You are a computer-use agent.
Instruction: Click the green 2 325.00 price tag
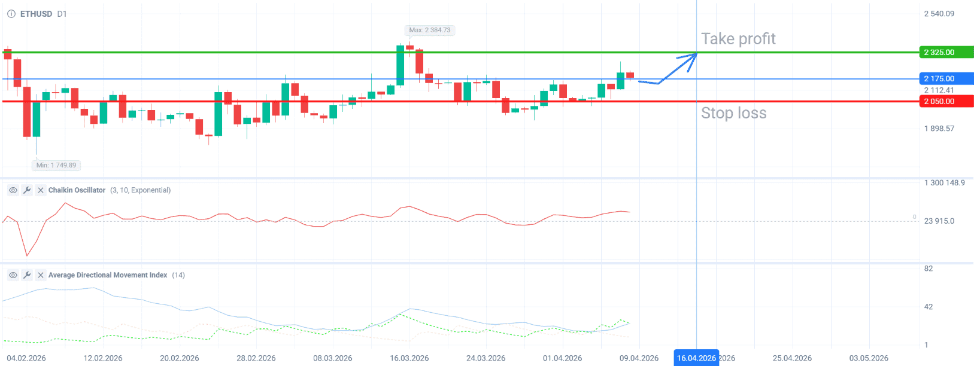945,53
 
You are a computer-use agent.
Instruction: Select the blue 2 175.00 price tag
945,78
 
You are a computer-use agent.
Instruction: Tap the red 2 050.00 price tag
945,102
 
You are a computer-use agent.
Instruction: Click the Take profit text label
738,39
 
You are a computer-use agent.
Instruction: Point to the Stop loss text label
733,113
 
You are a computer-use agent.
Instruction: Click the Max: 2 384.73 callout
430,30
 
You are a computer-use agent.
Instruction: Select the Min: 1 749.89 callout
56,165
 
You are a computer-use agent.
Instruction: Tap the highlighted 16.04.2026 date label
696,358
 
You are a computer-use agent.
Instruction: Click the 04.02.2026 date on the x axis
26,358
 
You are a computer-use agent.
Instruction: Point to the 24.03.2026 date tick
486,358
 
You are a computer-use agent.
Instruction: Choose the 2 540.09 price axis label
939,14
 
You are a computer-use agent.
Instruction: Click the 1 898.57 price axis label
939,129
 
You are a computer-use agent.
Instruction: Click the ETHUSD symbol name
36,14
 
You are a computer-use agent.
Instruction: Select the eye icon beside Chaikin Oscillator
13,190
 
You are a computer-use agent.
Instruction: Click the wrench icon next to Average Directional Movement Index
27,275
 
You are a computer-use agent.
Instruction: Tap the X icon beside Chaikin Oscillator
41,190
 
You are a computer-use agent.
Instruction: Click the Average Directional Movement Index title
108,275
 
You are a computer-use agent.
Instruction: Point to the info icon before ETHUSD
11,14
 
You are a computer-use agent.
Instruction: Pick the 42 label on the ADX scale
929,307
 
